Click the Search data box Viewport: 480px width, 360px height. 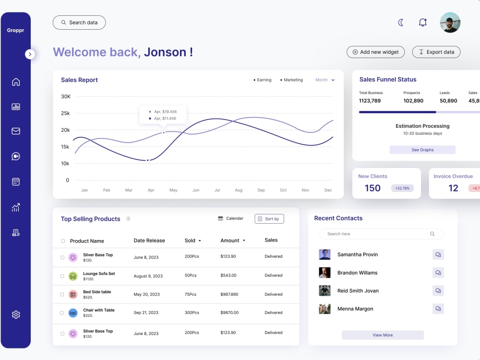click(79, 23)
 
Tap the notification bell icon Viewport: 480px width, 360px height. click(422, 23)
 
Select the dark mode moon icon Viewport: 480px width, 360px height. click(401, 23)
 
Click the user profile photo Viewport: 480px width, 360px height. click(450, 23)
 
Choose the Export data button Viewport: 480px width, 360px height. click(436, 52)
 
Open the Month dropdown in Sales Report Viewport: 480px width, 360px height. click(325, 80)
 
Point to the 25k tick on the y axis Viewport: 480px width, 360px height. click(66, 113)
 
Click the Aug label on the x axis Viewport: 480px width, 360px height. click(239, 190)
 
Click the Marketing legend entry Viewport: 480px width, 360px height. click(292, 80)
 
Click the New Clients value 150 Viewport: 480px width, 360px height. click(372, 188)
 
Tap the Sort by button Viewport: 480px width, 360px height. click(269, 219)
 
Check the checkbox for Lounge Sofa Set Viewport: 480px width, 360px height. click(62, 276)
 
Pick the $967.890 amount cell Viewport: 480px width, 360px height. click(229, 294)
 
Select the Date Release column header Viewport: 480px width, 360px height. click(149, 240)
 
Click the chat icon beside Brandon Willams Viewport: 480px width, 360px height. click(438, 273)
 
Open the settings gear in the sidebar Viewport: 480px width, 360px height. click(16, 315)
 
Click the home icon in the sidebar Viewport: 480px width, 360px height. click(16, 82)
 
